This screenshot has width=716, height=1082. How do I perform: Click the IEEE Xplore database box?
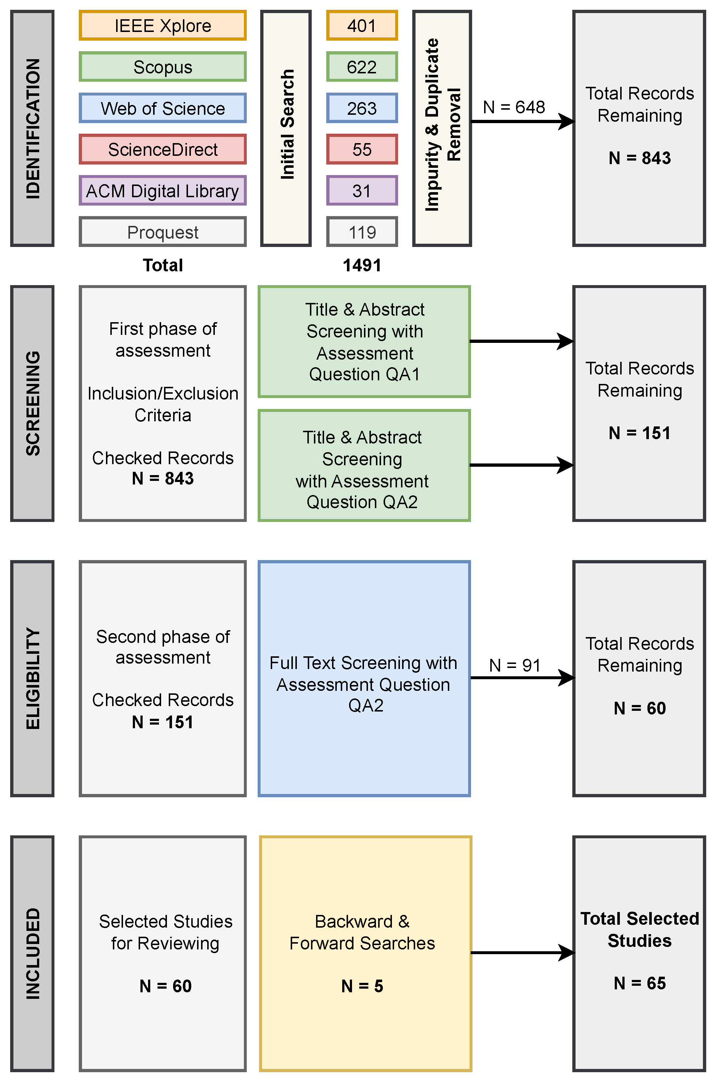(x=163, y=25)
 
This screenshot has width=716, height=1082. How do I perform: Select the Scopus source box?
(x=163, y=67)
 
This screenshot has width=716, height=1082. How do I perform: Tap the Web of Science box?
(x=163, y=108)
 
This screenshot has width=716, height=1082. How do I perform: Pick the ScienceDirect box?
(x=163, y=149)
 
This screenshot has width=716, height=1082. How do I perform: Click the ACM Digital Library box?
(x=163, y=191)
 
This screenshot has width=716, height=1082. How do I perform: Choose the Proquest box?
(x=163, y=232)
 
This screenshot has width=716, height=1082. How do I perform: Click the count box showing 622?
(x=362, y=67)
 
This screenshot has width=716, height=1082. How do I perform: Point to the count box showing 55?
(x=362, y=149)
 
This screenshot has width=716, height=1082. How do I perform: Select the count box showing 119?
(x=362, y=232)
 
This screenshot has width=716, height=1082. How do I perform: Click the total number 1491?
(x=362, y=265)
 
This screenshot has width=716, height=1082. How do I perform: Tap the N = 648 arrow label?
(x=514, y=107)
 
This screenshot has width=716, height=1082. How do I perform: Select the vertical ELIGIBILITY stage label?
(x=32, y=678)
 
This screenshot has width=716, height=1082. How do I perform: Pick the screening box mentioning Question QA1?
(x=364, y=341)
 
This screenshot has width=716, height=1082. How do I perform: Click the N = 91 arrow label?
(x=515, y=665)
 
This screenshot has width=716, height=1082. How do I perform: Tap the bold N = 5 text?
(x=362, y=986)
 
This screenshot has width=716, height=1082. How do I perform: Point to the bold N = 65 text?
(x=639, y=983)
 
